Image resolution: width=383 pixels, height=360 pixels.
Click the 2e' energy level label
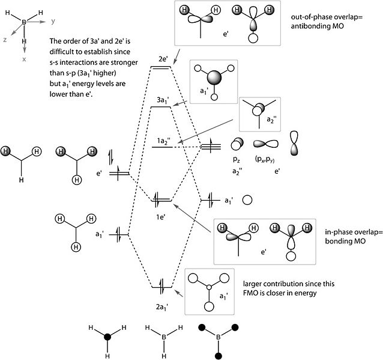(163, 59)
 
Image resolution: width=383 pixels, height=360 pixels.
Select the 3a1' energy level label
(163, 100)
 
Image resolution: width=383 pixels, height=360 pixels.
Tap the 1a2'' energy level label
(164, 141)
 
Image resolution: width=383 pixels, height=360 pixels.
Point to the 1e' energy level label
(161, 217)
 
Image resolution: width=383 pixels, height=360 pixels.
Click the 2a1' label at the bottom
(162, 307)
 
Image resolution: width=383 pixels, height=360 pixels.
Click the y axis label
(53, 21)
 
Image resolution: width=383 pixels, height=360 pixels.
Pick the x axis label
(24, 59)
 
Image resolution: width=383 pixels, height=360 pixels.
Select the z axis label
(5, 40)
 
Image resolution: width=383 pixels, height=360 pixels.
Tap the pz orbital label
(237, 159)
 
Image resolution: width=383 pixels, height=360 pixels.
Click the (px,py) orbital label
(265, 159)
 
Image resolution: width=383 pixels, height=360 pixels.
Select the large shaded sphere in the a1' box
(214, 78)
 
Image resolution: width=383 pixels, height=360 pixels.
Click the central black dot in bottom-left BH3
(107, 337)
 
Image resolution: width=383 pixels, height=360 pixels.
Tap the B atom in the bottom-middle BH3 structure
(164, 337)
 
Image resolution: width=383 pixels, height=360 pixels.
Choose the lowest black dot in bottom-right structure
(219, 356)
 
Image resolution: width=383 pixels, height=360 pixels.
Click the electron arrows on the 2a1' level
(161, 287)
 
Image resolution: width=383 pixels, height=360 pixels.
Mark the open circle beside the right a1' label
(247, 200)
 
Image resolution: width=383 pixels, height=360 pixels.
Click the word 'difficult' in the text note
(62, 52)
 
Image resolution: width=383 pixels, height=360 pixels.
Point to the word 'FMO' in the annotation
(250, 293)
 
